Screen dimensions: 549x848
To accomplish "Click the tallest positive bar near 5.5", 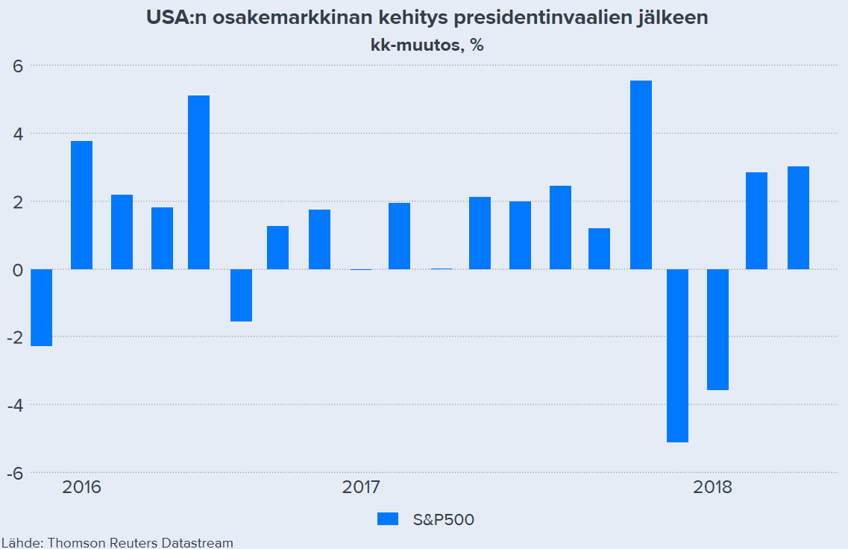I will pos(641,175).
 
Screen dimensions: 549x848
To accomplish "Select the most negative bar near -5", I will pos(677,355).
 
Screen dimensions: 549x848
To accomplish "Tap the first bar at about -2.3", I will pos(41,307).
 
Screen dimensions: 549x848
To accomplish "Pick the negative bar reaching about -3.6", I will pos(717,329).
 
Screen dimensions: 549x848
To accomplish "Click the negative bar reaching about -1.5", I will pos(241,295).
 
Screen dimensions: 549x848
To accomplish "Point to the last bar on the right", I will pos(798,218).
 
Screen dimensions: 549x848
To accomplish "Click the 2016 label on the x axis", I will pos(82,488).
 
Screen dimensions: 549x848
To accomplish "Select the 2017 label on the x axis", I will pos(361,488).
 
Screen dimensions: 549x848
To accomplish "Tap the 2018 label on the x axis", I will pos(712,488).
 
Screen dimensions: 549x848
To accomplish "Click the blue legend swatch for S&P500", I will pos(388,519).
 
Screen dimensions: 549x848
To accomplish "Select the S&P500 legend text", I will pos(443,519).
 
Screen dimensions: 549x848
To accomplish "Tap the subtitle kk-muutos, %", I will pos(427,45).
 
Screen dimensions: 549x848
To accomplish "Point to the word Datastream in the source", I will pos(198,542).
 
